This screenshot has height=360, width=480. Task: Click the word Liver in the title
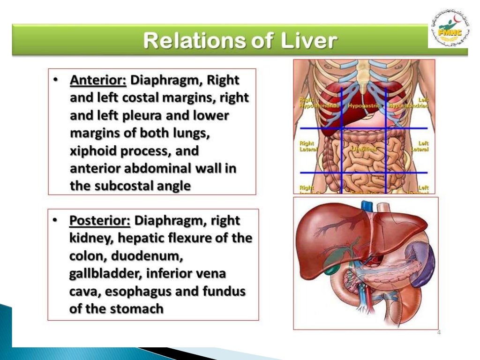pyautogui.click(x=309, y=41)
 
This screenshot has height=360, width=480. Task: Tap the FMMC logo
pyautogui.click(x=448, y=30)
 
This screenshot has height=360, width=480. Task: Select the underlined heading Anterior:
pyautogui.click(x=98, y=80)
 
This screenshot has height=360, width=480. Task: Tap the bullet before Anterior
pyautogui.click(x=56, y=80)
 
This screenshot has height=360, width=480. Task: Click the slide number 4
pyautogui.click(x=439, y=332)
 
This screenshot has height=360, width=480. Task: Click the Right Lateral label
pyautogui.click(x=307, y=146)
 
